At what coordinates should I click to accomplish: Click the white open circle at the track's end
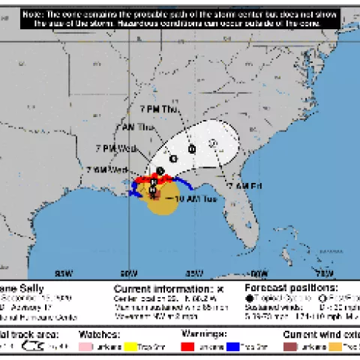click(213, 142)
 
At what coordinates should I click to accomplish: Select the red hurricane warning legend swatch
click(187, 346)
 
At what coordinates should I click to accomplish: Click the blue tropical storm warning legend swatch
click(235, 346)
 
